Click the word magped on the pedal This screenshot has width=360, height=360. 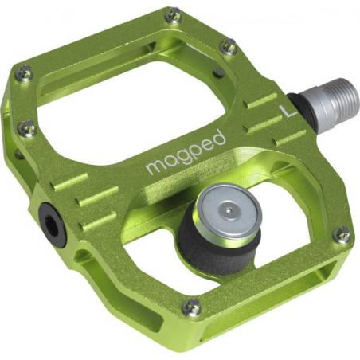click(x=185, y=152)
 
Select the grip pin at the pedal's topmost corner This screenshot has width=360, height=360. click(x=173, y=15)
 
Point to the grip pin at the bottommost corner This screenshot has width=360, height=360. click(x=191, y=307)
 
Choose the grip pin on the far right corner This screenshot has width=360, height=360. click(x=342, y=235)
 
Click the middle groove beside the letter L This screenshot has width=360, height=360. click(x=264, y=122)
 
